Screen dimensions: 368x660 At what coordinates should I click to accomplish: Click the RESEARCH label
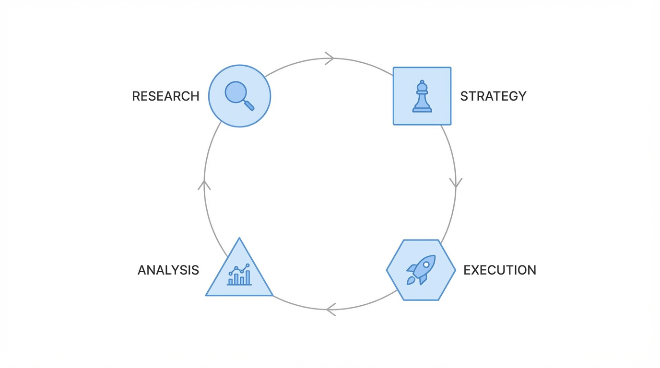pyautogui.click(x=165, y=96)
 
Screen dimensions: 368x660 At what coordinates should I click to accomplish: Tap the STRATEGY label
pyautogui.click(x=493, y=96)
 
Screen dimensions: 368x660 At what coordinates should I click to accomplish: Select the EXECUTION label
pyautogui.click(x=499, y=270)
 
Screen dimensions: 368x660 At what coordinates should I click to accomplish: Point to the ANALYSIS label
pyautogui.click(x=168, y=270)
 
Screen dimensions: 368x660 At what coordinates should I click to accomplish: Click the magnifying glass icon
pyautogui.click(x=239, y=96)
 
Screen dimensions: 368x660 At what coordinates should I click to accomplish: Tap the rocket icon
pyautogui.click(x=421, y=269)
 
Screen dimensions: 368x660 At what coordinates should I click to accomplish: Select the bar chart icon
pyautogui.click(x=239, y=275)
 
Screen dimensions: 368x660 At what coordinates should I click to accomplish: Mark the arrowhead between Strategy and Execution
pyautogui.click(x=456, y=183)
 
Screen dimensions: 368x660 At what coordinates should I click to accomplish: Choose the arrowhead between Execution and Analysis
pyautogui.click(x=330, y=310)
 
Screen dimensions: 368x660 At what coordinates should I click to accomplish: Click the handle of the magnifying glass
pyautogui.click(x=249, y=105)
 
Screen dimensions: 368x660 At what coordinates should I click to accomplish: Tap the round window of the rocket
pyautogui.click(x=426, y=264)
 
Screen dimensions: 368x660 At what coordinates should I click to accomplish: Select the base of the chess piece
pyautogui.click(x=422, y=110)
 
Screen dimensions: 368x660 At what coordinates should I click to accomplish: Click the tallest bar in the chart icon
pyautogui.click(x=247, y=277)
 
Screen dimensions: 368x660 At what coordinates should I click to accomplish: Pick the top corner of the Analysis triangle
pyautogui.click(x=239, y=239)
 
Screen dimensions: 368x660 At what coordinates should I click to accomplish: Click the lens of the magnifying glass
pyautogui.click(x=236, y=92)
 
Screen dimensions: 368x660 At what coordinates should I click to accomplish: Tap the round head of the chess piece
pyautogui.click(x=422, y=83)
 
